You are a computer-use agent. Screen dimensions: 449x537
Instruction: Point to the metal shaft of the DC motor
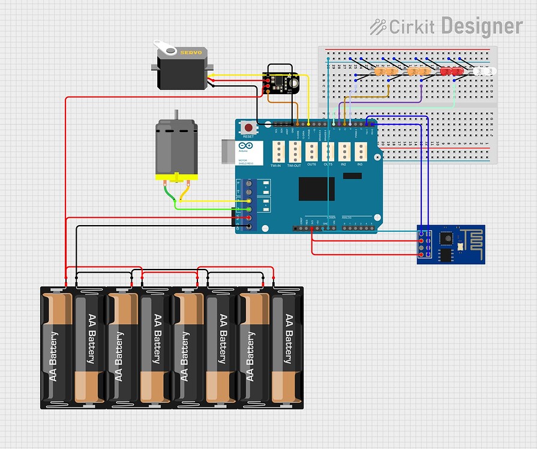coord(176,116)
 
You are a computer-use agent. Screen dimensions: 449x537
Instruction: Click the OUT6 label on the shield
coord(311,164)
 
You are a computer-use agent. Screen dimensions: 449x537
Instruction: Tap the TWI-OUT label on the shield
coord(294,165)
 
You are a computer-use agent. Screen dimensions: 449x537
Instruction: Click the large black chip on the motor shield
coord(316,189)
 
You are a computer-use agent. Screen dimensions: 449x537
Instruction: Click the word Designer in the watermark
coord(481,26)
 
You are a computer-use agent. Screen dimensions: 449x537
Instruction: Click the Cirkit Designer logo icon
coord(377,26)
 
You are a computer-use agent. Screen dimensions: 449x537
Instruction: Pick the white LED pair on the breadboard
coord(485,71)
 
